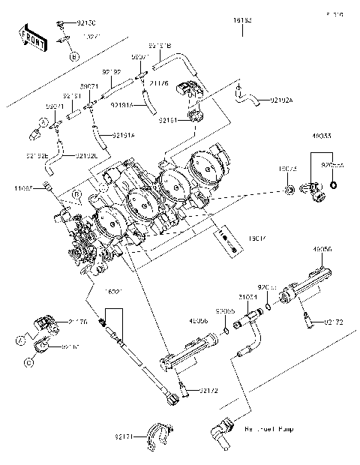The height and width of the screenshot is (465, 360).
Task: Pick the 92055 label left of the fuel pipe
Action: click(226, 310)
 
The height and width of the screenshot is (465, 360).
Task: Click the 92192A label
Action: click(281, 99)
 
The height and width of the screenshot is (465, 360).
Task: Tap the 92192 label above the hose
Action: click(112, 72)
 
